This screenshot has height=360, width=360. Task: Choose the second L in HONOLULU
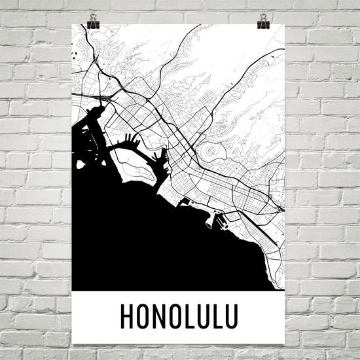(x=215, y=315)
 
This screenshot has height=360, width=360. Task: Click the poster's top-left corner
(x=71, y=24)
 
